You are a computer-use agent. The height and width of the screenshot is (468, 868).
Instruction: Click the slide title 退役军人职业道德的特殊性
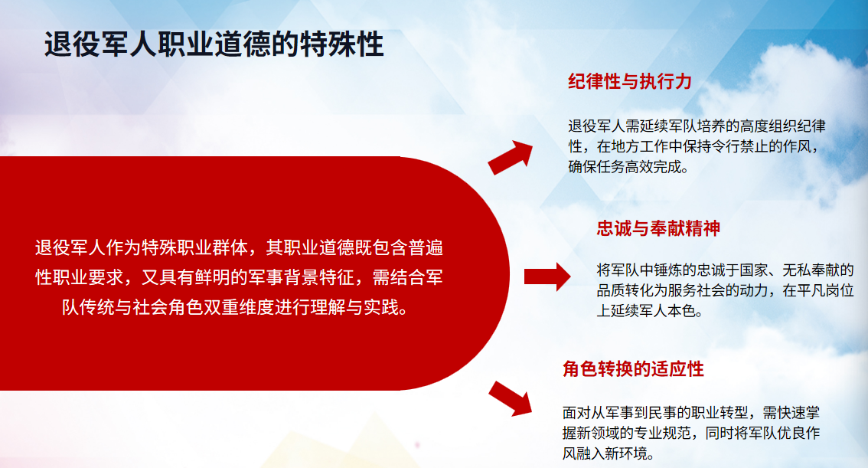click(x=214, y=44)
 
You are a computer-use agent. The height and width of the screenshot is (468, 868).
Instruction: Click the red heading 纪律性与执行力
click(x=630, y=81)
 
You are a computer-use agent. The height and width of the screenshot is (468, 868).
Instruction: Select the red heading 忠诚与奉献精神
click(x=658, y=228)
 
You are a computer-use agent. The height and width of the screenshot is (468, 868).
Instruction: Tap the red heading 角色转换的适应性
click(x=633, y=369)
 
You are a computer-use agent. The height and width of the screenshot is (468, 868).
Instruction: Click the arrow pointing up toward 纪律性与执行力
click(x=511, y=157)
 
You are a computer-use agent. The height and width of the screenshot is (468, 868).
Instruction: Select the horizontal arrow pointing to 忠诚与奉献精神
click(x=547, y=277)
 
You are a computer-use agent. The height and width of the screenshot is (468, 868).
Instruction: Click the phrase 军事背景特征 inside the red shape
click(x=301, y=277)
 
